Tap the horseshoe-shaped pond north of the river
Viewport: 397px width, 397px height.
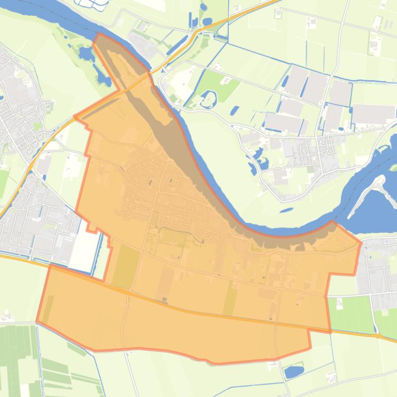(209, 100)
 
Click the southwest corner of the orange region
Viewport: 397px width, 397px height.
(37, 322)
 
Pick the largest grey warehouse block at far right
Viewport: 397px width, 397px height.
(373, 114)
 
